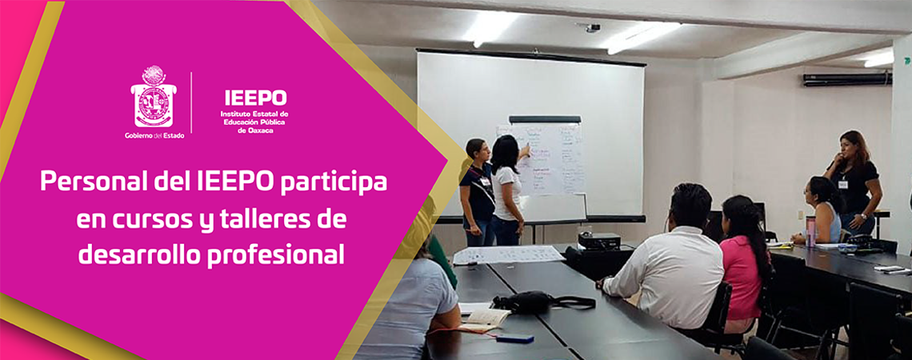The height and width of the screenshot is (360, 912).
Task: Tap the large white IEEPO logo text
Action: (x=254, y=98)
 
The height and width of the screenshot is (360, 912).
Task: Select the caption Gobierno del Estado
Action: (x=154, y=135)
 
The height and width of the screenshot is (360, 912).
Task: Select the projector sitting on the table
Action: (x=599, y=241)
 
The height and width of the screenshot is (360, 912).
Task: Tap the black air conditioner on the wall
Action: (x=846, y=78)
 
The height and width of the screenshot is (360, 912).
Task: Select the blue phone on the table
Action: (x=514, y=338)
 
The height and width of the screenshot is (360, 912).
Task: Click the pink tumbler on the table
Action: (x=810, y=231)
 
